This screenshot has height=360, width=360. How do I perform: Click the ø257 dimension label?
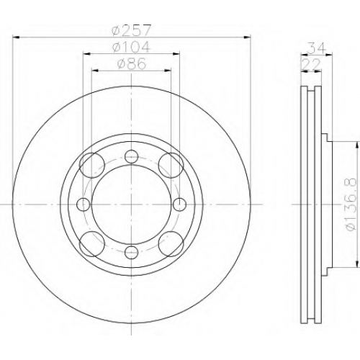pyautogui.click(x=132, y=30)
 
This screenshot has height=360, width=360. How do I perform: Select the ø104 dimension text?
pyautogui.click(x=131, y=47)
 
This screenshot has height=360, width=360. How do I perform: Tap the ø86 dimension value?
pyautogui.click(x=132, y=64)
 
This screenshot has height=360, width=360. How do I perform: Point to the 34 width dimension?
pyautogui.click(x=316, y=48)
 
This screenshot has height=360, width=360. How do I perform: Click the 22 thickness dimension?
pyautogui.click(x=311, y=64)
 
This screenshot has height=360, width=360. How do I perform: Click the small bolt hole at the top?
pyautogui.click(x=132, y=156)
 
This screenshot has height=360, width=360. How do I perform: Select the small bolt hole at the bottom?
pyautogui.click(x=132, y=253)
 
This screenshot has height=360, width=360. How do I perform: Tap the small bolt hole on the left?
pyautogui.click(x=84, y=204)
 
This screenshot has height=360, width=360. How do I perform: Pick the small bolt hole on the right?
pyautogui.click(x=179, y=204)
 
